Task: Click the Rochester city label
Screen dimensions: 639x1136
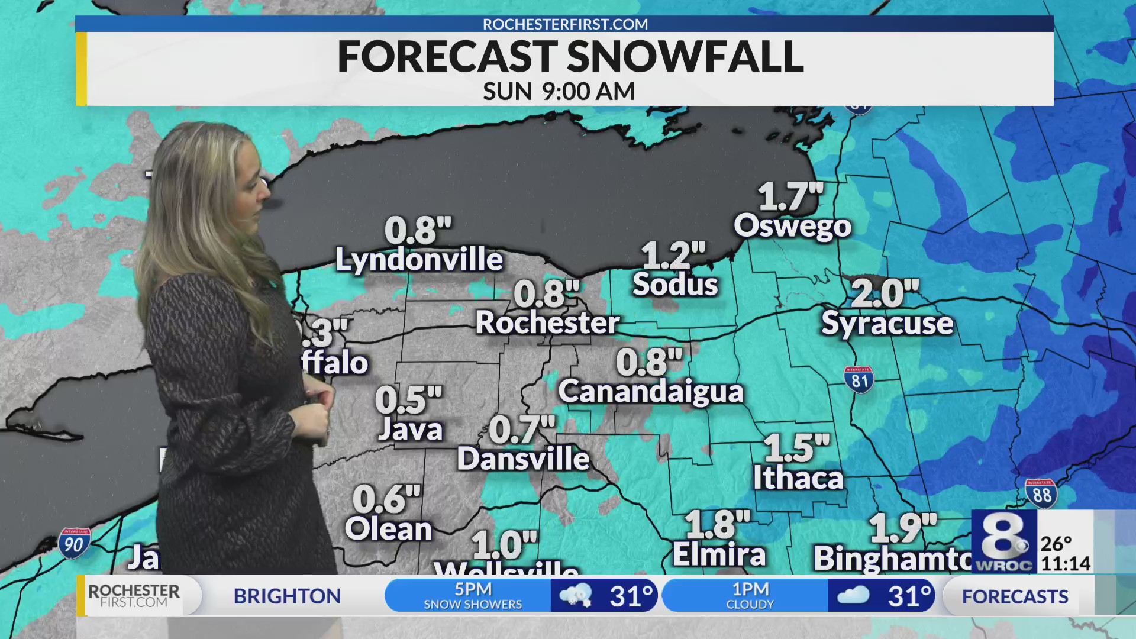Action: tap(547, 323)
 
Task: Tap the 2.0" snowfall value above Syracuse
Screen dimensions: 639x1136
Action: tap(885, 294)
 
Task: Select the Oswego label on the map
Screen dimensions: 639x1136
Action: tap(792, 227)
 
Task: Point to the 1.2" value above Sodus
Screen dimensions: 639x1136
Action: tap(673, 256)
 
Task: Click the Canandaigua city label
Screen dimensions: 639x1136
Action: tap(651, 392)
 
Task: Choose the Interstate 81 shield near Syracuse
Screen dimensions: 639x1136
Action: tap(859, 380)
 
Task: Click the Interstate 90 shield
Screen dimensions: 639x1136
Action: tap(74, 543)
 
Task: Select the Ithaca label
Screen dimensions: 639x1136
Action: tap(798, 478)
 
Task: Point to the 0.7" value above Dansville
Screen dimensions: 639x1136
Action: tap(522, 430)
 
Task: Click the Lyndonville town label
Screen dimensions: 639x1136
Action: tap(419, 260)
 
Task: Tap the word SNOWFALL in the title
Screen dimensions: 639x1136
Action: tap(685, 57)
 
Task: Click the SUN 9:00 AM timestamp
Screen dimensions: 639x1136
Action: tap(559, 92)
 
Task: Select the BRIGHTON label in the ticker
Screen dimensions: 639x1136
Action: tap(287, 596)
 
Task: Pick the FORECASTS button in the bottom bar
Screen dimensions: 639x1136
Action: tap(1015, 596)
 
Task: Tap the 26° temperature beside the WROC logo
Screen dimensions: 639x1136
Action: tap(1056, 543)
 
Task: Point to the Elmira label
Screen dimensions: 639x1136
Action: tap(719, 555)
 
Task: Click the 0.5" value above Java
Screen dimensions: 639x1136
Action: tap(408, 401)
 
